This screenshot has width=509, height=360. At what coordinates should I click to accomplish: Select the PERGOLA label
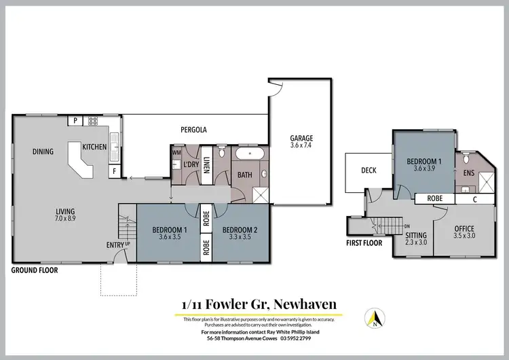[193, 129]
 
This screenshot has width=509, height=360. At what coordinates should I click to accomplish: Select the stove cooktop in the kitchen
[93, 121]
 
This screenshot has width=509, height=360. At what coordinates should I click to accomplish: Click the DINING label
[43, 152]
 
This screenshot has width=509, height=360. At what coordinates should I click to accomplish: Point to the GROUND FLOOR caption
[35, 270]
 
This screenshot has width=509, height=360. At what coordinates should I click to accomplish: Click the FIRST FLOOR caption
[364, 242]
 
